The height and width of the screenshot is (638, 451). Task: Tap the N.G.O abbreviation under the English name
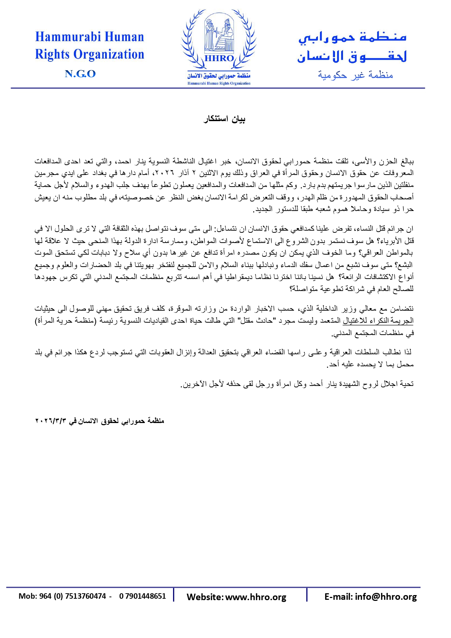click(x=80, y=74)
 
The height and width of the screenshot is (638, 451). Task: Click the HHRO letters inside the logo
click(x=219, y=59)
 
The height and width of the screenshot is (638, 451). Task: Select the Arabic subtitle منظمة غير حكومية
click(x=355, y=75)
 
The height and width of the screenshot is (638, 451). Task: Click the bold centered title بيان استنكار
click(x=224, y=119)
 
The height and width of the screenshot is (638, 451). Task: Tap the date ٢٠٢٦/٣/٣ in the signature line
click(x=51, y=421)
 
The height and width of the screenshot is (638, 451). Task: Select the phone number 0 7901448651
click(x=142, y=596)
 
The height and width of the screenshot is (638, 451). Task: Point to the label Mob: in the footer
click(x=27, y=596)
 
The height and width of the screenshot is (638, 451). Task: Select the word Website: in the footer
click(x=205, y=597)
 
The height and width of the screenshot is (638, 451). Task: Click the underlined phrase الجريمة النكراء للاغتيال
click(x=378, y=321)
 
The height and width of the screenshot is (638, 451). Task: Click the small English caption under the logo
click(x=219, y=83)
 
